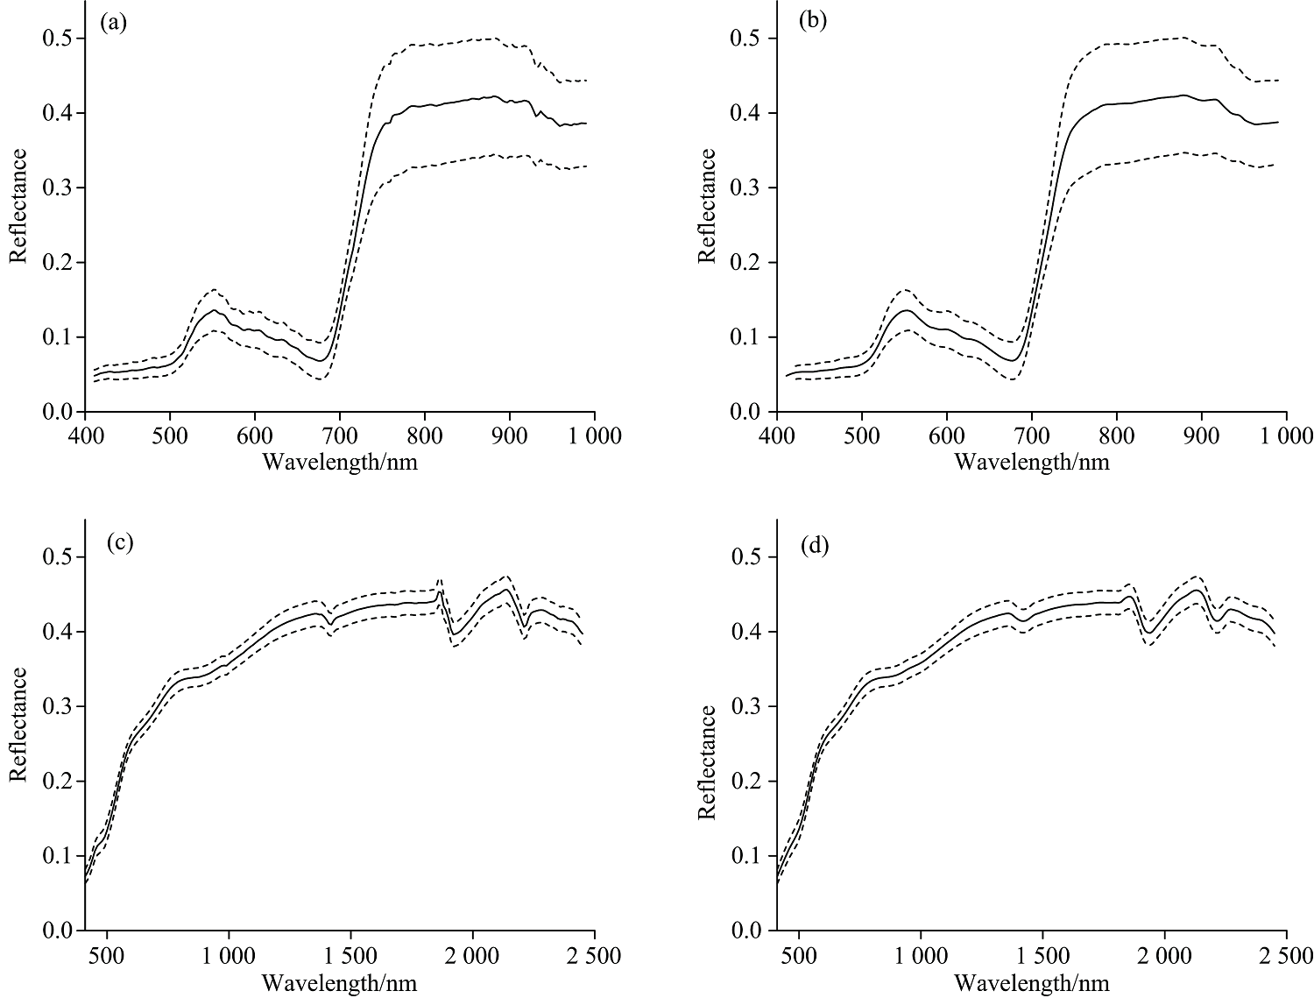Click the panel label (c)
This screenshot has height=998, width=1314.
pyautogui.click(x=119, y=542)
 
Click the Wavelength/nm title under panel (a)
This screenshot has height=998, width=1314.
pyautogui.click(x=340, y=462)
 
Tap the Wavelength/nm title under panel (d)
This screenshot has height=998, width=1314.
pyautogui.click(x=1031, y=982)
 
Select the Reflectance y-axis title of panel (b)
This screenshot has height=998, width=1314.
pyautogui.click(x=708, y=206)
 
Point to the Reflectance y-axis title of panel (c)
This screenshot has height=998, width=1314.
pyautogui.click(x=18, y=725)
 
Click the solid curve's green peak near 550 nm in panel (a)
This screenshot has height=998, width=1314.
pyautogui.click(x=213, y=309)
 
